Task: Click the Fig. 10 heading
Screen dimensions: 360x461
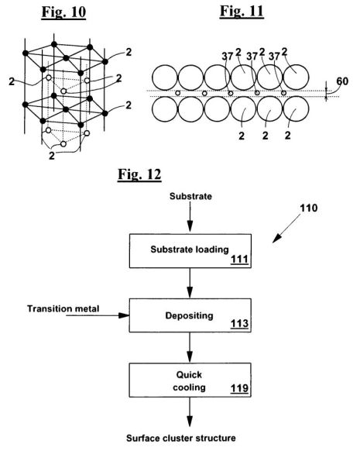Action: (x=63, y=12)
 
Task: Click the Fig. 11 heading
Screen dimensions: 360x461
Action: (x=242, y=12)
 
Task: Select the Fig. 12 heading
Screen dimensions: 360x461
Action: (x=139, y=174)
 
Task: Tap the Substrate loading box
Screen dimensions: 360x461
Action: (x=190, y=251)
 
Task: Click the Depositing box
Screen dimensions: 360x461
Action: (x=190, y=315)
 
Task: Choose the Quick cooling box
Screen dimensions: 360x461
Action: (x=190, y=380)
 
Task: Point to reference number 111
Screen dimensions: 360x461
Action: (x=239, y=260)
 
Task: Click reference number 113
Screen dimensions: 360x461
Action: (x=239, y=324)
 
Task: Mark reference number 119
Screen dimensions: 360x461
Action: (x=239, y=388)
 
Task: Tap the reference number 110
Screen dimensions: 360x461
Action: (x=309, y=208)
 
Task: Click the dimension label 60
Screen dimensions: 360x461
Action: (x=342, y=81)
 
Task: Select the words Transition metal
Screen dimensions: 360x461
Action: (x=63, y=308)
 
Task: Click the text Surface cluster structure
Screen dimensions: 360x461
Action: (x=181, y=438)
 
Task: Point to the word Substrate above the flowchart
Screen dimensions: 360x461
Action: (x=190, y=196)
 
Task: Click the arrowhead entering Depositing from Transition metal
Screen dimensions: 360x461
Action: (x=125, y=315)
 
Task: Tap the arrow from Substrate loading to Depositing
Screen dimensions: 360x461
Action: (x=190, y=283)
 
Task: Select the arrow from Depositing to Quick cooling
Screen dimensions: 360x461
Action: (x=190, y=348)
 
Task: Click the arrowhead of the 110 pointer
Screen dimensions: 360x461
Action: (x=276, y=239)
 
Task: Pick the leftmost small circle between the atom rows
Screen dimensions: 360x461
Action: (x=177, y=93)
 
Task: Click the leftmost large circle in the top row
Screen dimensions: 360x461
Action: (x=165, y=77)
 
